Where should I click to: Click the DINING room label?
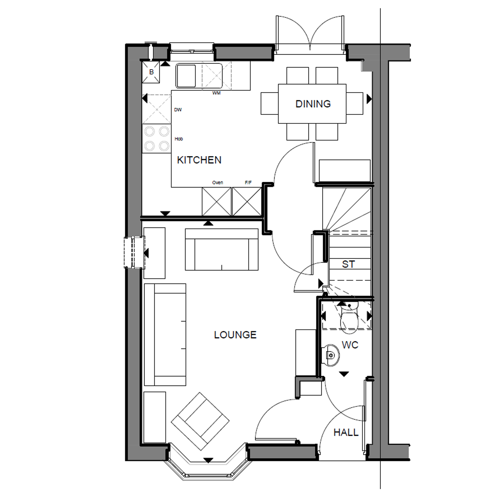click(x=313, y=104)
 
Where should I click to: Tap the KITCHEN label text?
click(x=199, y=160)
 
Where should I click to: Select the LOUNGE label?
click(x=235, y=335)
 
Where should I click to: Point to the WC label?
click(x=350, y=345)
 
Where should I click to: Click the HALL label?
click(x=346, y=433)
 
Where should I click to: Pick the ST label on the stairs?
click(x=349, y=264)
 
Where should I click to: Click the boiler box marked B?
click(x=151, y=72)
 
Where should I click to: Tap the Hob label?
click(x=179, y=139)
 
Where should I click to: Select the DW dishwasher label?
click(x=178, y=110)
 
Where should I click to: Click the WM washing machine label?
click(x=216, y=93)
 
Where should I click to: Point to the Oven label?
click(x=218, y=183)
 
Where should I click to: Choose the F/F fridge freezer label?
click(x=248, y=183)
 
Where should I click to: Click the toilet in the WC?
click(x=349, y=317)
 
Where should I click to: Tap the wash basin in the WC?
click(x=330, y=355)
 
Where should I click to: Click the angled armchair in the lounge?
click(x=200, y=421)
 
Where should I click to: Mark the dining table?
click(x=312, y=103)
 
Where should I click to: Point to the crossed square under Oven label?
click(x=217, y=201)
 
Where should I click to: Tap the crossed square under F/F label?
click(x=247, y=201)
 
